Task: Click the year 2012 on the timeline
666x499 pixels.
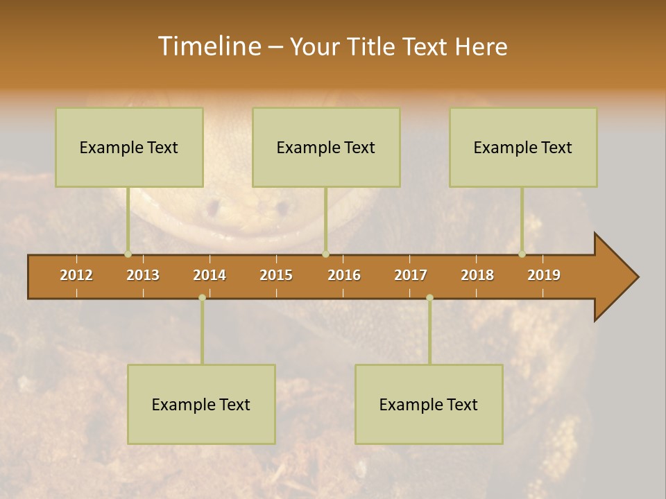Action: (76, 275)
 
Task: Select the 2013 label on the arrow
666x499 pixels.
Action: (143, 275)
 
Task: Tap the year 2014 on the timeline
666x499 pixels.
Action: (210, 275)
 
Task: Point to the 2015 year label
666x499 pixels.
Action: (276, 275)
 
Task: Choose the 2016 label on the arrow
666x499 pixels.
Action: (344, 275)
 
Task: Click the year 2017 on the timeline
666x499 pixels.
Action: (411, 275)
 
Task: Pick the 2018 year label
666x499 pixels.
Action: (477, 275)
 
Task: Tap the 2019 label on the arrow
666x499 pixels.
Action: (544, 275)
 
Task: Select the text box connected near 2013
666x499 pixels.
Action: (129, 147)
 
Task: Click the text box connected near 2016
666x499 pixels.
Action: (326, 147)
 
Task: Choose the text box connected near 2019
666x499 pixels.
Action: (523, 147)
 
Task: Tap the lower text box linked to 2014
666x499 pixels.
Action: (201, 404)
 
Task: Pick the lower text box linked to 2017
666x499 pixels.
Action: (429, 404)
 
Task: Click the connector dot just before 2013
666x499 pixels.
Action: (128, 254)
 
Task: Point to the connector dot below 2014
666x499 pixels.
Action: (202, 298)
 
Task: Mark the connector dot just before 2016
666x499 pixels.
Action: (325, 254)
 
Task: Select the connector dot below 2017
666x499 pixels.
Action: (429, 298)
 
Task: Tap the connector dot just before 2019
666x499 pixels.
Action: (522, 254)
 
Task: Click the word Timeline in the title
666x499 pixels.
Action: (208, 46)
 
